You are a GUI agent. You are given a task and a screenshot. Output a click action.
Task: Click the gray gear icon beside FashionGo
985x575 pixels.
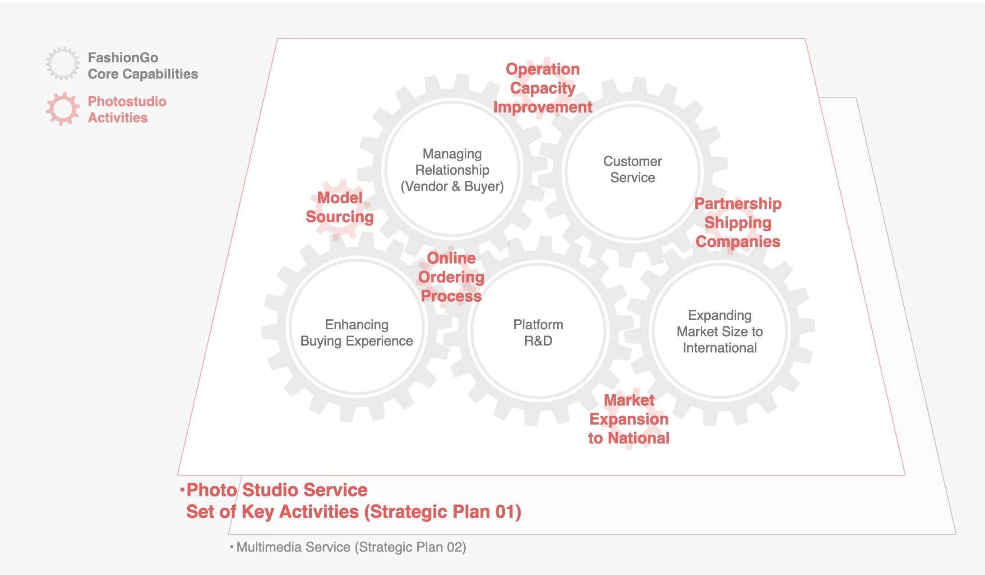click(x=63, y=64)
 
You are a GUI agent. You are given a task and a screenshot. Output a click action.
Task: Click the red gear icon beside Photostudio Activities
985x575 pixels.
click(x=63, y=109)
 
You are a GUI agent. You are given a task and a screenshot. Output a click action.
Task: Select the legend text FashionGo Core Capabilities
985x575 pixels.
click(x=143, y=65)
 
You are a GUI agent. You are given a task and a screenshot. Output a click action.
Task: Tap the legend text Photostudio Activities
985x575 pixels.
click(x=127, y=109)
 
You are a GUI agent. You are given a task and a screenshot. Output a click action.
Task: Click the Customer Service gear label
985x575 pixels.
click(x=632, y=169)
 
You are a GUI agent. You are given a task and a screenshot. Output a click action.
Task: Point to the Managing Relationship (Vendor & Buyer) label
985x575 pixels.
click(x=452, y=170)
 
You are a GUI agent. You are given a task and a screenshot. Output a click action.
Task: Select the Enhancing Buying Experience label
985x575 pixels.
click(x=356, y=332)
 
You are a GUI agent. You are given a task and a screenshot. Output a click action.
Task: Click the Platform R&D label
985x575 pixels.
click(x=538, y=332)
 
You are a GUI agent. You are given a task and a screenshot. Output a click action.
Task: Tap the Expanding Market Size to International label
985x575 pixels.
click(x=720, y=331)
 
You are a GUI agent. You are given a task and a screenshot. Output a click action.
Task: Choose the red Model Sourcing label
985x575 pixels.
click(x=340, y=207)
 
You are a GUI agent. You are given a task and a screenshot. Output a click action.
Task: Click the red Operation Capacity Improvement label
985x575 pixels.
click(x=542, y=88)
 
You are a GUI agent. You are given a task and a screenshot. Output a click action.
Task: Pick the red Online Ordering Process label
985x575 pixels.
click(x=451, y=277)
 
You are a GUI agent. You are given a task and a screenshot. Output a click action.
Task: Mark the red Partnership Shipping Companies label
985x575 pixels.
click(x=738, y=223)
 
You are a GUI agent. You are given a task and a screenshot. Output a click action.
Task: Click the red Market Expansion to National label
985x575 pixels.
click(x=629, y=419)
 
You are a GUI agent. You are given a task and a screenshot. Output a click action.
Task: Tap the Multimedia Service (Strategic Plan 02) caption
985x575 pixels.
click(x=351, y=547)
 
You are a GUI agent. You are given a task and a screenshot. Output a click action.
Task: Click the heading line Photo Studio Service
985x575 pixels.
click(x=277, y=490)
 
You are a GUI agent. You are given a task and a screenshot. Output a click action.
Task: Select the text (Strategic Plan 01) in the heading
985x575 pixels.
click(x=443, y=512)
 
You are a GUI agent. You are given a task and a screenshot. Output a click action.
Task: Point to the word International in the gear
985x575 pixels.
click(x=720, y=348)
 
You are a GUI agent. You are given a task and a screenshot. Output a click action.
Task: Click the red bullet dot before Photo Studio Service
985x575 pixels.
click(x=182, y=490)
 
